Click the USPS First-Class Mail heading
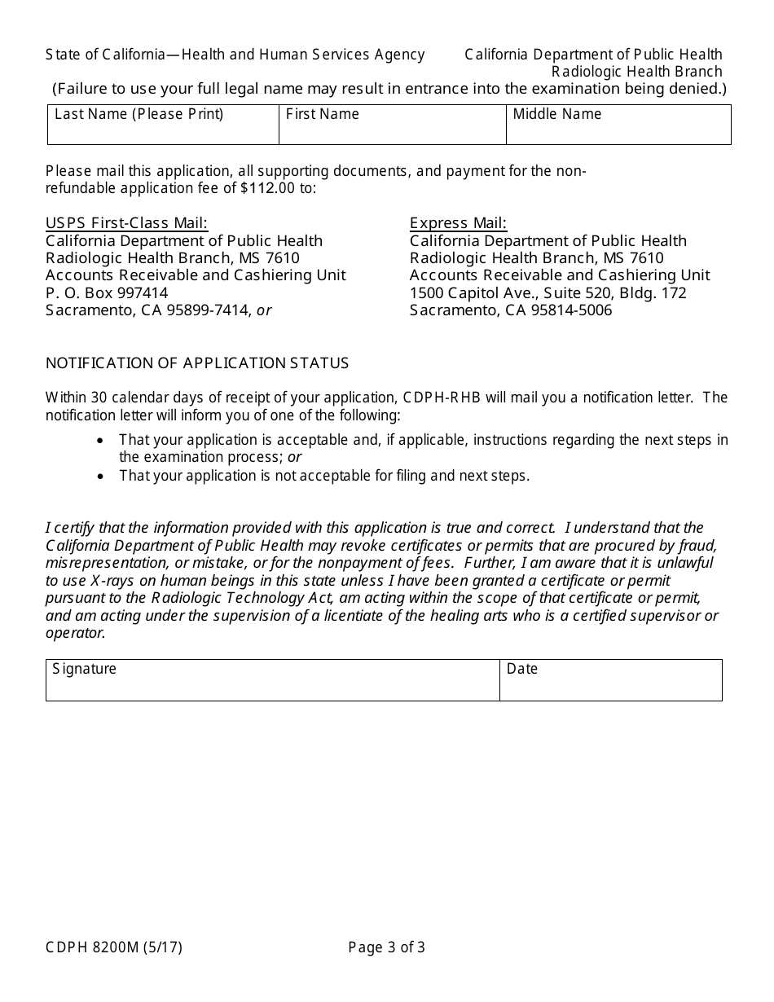tap(126, 223)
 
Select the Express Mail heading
tap(458, 223)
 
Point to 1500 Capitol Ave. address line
tap(548, 293)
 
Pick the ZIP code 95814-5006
tap(574, 310)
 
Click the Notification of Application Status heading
tap(197, 363)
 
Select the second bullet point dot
tap(100, 477)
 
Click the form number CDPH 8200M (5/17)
tap(114, 947)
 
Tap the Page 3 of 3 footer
tap(386, 947)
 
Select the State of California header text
tap(235, 55)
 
